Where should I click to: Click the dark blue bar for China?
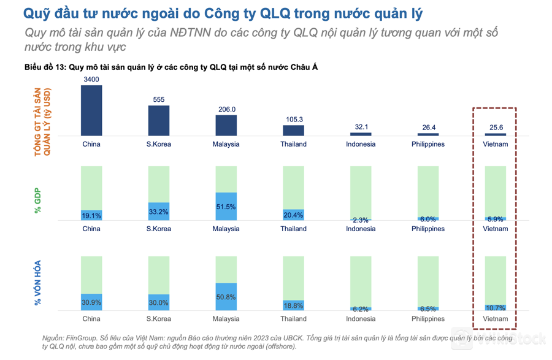pos(91,110)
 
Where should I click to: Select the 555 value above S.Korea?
pos(158,99)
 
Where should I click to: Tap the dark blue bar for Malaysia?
pos(226,125)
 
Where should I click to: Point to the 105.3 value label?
pos(294,119)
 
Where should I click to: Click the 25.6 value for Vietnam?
pos(496,128)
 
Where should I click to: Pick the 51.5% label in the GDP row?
pos(226,207)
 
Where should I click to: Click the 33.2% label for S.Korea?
pos(158,212)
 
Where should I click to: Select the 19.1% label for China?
pos(91,215)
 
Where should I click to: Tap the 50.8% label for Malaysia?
pos(226,297)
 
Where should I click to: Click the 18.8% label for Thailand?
pos(294,305)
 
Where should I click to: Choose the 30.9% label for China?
pos(91,302)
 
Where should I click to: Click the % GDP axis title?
pos(38,201)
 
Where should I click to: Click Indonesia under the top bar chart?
pos(361,144)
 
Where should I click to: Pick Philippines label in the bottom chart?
pos(428,319)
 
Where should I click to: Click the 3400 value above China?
pos(91,80)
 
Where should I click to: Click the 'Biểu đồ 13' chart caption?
pos(45,67)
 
